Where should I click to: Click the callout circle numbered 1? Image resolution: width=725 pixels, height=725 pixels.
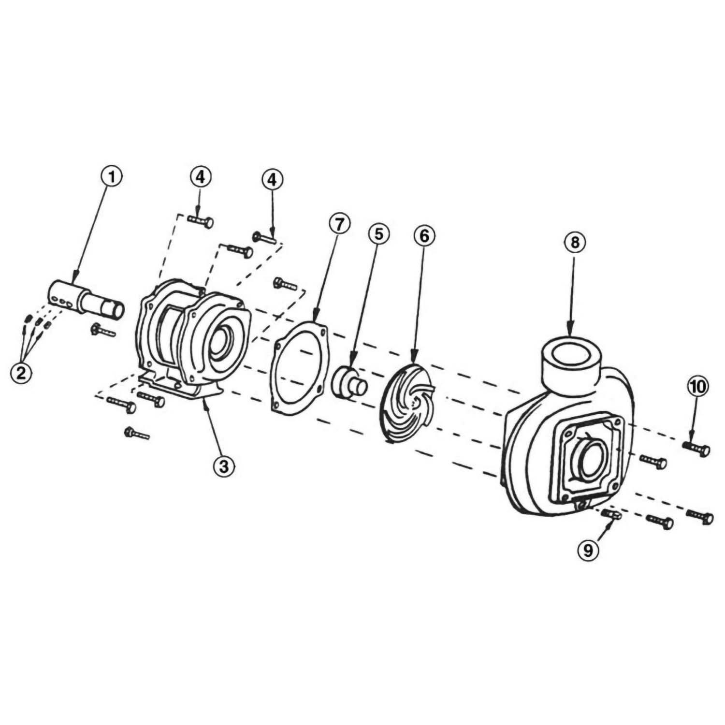click(112, 177)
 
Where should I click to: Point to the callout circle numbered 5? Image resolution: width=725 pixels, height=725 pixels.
click(378, 234)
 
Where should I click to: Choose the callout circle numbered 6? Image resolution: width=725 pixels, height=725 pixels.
click(424, 236)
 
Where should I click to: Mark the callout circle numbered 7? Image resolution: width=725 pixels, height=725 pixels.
click(338, 225)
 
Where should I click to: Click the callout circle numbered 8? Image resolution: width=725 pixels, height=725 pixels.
click(574, 242)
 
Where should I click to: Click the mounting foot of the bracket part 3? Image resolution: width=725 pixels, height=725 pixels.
click(179, 389)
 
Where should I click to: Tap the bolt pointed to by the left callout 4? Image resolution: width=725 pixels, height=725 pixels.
click(200, 221)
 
